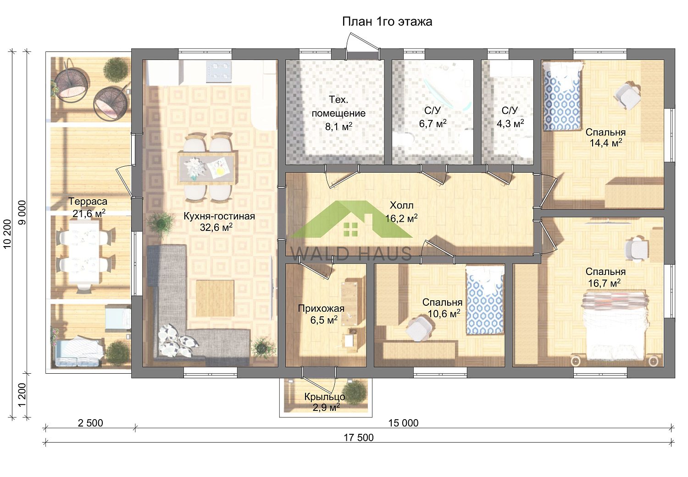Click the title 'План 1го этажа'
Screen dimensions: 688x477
point(387,22)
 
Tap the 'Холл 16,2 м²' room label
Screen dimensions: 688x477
point(401,212)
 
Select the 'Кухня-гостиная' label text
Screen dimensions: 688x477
point(219,216)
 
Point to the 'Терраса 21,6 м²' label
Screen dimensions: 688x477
point(88,208)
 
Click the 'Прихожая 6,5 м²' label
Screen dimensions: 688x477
point(321,314)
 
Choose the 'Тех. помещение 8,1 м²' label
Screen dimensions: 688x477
point(338,113)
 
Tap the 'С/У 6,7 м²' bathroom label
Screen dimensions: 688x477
point(433,117)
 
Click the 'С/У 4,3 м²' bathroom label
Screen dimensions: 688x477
point(510,117)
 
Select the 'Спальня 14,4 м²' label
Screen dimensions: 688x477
point(605,137)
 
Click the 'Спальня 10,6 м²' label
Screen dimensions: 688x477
point(443,308)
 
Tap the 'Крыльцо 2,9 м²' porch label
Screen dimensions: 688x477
point(325,402)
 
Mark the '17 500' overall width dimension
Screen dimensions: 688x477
point(358,438)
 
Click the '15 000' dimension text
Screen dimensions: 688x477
point(403,423)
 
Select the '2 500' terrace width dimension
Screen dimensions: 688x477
point(90,423)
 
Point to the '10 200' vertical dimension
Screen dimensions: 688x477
point(7,234)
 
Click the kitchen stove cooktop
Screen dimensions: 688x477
point(218,71)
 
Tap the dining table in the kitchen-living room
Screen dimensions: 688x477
point(207,168)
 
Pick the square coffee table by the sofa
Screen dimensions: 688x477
point(215,298)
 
